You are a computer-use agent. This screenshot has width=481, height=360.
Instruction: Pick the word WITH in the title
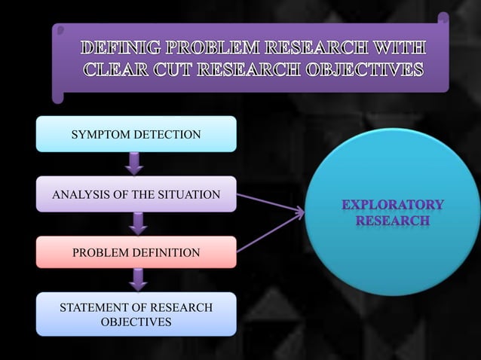(400, 49)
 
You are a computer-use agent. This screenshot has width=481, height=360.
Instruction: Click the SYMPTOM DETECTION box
(136, 135)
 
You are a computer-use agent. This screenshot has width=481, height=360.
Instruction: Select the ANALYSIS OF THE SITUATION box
(136, 195)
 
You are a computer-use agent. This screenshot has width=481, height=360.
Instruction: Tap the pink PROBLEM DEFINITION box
(136, 253)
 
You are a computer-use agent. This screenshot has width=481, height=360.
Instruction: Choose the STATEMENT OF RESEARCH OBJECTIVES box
(136, 315)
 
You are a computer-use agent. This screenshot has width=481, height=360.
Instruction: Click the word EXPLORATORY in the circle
(392, 205)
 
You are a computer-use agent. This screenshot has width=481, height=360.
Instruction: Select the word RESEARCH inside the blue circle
(392, 221)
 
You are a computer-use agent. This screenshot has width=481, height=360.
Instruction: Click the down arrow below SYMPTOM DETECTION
(134, 163)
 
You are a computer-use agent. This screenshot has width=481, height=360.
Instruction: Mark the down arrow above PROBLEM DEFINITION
(137, 224)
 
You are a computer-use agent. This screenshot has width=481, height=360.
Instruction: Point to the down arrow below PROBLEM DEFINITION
(137, 280)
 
